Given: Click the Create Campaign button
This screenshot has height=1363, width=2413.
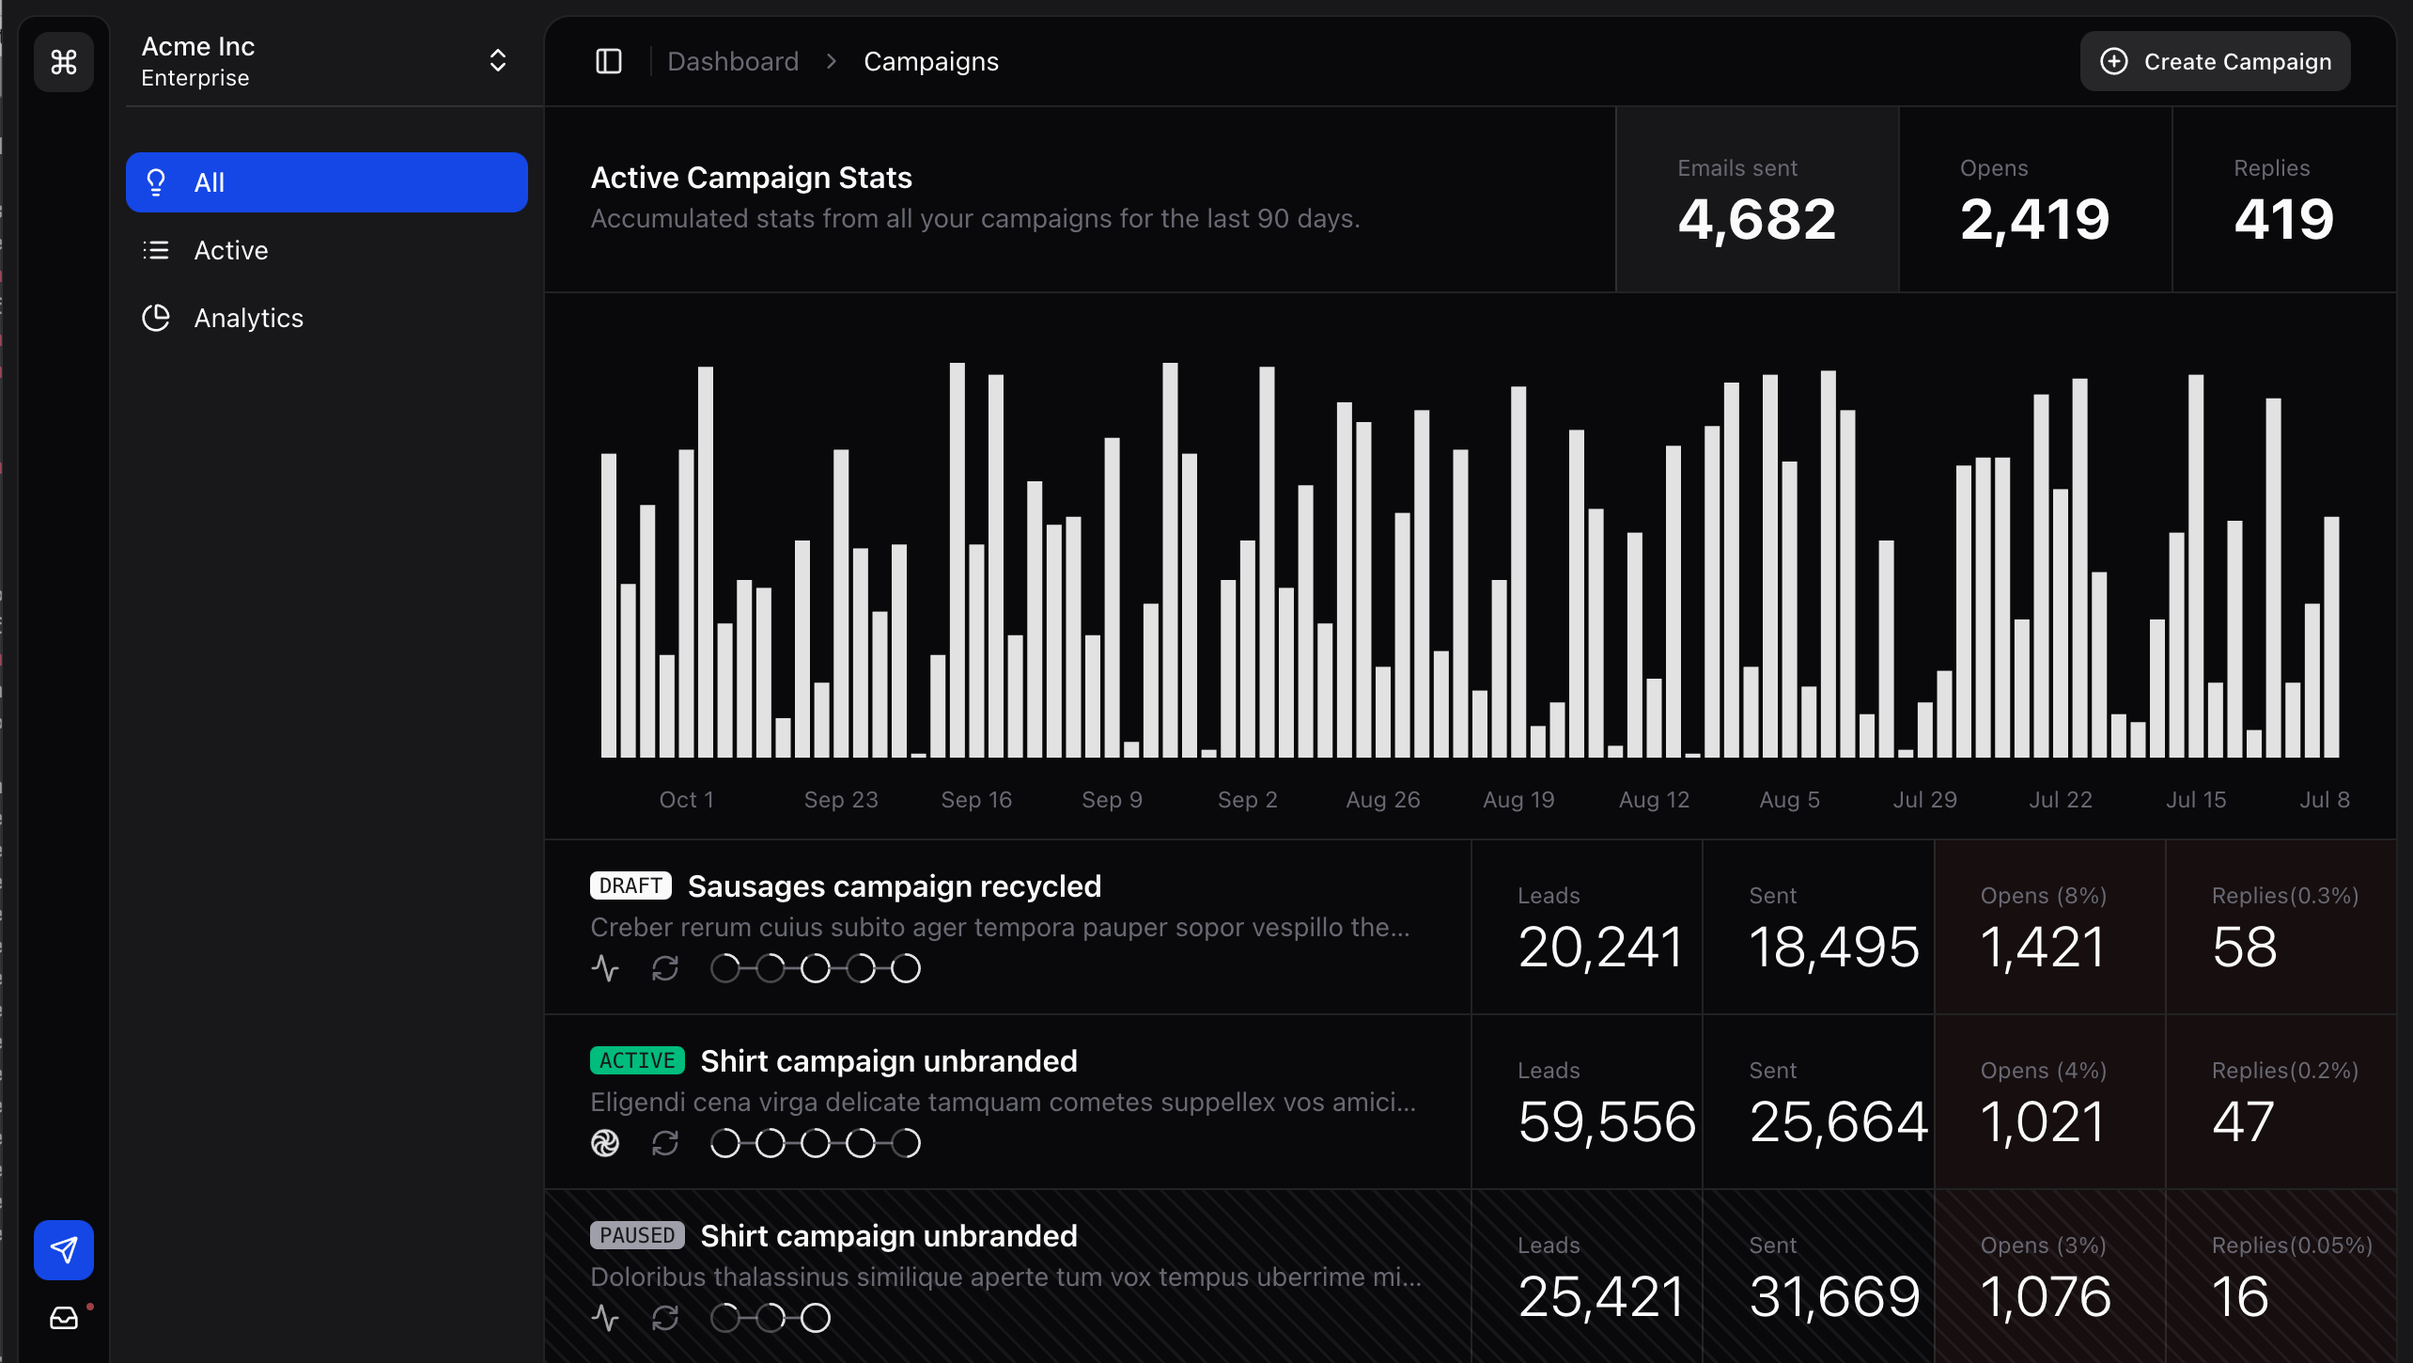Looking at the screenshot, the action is tap(2215, 61).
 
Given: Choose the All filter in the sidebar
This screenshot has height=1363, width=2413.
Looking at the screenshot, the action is tap(326, 182).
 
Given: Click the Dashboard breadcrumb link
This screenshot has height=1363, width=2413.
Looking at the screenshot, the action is tap(733, 61).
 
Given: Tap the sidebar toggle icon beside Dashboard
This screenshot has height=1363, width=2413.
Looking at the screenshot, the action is tap(609, 61).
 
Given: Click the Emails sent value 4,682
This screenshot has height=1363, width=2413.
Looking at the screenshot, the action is tap(1756, 219).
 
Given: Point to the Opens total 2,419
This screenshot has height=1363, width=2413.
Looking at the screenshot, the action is tap(2034, 219).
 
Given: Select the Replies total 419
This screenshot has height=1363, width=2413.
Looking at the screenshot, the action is tap(2283, 219).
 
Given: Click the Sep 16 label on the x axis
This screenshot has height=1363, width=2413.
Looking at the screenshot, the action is tap(976, 799).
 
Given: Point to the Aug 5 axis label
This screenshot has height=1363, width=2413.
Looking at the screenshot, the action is tap(1789, 799).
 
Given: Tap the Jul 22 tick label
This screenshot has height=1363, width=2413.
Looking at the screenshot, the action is tap(2060, 799).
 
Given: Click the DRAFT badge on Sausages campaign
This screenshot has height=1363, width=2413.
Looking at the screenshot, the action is tap(630, 885).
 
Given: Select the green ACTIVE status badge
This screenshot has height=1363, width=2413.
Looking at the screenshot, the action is tap(637, 1060).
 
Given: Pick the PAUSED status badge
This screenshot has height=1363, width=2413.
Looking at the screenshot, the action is tap(637, 1235).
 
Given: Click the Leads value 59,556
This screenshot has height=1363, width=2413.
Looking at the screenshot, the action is tap(1607, 1121).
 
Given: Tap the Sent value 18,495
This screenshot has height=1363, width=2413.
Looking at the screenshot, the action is tap(1834, 947).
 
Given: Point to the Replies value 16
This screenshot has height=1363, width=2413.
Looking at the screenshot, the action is tap(2240, 1296).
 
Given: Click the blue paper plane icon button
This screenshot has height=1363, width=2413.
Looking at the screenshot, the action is tap(64, 1249).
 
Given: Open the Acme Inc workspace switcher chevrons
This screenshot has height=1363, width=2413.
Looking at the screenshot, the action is tap(498, 61).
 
